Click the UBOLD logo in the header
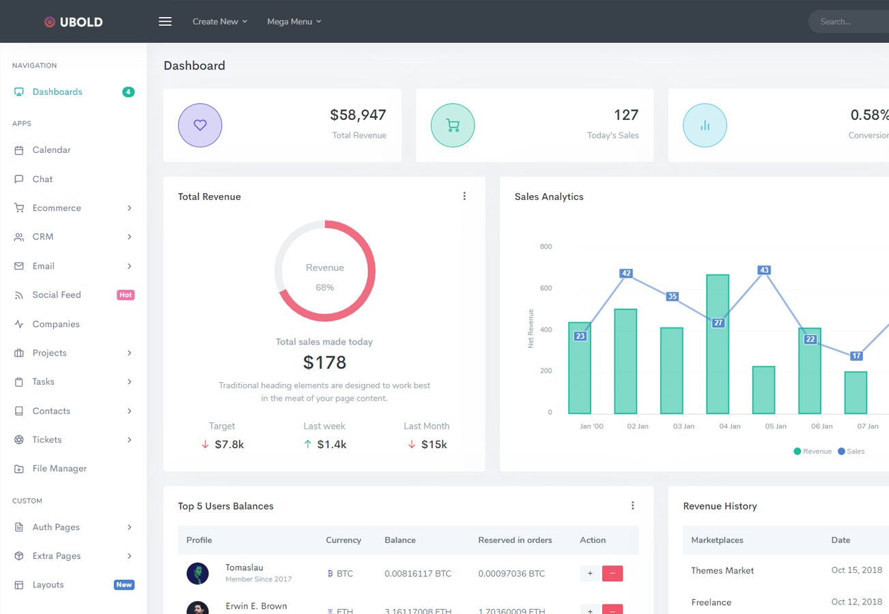(73, 22)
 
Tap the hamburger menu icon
(165, 22)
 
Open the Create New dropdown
(219, 22)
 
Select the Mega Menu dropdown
(294, 22)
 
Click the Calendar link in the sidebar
(51, 150)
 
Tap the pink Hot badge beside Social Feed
(125, 295)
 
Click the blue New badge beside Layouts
(124, 585)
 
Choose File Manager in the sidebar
(59, 469)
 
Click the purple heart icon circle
(200, 126)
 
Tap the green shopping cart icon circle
(453, 126)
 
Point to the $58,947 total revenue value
(358, 115)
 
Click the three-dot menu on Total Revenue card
(464, 196)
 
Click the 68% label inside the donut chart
(325, 288)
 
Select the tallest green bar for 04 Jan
(718, 345)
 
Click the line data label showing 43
(764, 270)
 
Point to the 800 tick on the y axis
(546, 247)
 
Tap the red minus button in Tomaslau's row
(612, 574)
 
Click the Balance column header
(400, 540)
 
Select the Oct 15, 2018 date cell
(856, 571)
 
